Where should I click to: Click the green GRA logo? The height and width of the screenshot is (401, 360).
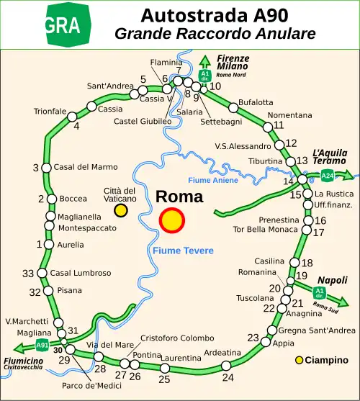point(68,25)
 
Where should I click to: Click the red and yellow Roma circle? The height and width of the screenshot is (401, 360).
point(172,221)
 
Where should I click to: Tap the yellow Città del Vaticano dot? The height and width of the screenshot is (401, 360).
point(121,210)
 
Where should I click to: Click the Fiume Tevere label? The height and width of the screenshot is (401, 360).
point(183,251)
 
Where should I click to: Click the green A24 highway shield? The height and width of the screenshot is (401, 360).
point(328,175)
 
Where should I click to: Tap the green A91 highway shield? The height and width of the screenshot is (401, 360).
point(42,345)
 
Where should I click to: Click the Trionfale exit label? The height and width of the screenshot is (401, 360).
point(50,112)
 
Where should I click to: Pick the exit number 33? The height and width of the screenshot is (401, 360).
point(28,274)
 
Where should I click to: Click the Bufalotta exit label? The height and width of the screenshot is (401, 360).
point(256,103)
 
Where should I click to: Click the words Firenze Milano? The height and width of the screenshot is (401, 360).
point(233,63)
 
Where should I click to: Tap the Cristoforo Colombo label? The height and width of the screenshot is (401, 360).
point(176,338)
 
